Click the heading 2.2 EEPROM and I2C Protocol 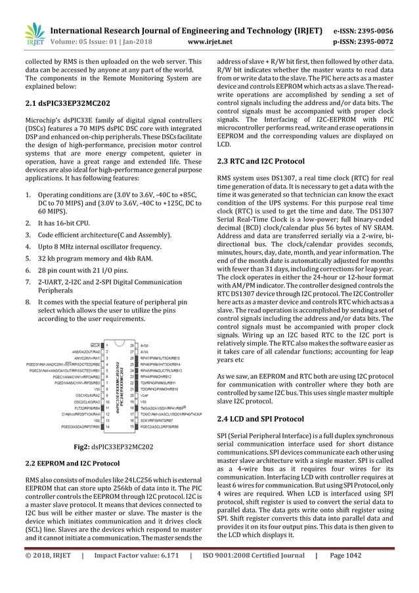68,463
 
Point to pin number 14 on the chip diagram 106,427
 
